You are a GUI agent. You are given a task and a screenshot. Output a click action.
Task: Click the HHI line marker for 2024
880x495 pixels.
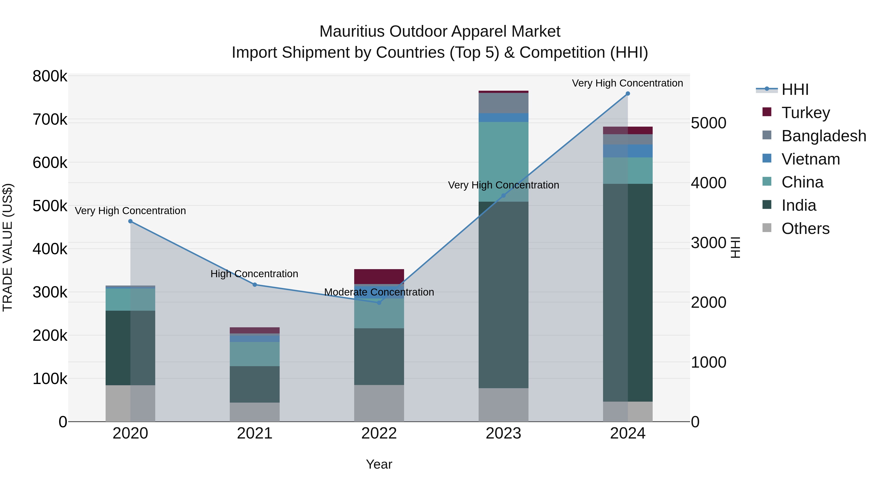pyautogui.click(x=627, y=94)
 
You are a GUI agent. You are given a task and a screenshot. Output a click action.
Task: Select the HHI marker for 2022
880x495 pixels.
pyautogui.click(x=379, y=303)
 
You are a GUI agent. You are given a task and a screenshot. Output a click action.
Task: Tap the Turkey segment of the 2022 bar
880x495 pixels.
pyautogui.click(x=379, y=276)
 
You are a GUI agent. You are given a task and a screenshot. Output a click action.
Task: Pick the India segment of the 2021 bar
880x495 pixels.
pyautogui.click(x=254, y=384)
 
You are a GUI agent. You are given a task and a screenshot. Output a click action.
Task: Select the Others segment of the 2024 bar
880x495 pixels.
pyautogui.click(x=627, y=411)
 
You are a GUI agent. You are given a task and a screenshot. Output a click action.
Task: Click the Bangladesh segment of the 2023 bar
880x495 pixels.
pyautogui.click(x=503, y=103)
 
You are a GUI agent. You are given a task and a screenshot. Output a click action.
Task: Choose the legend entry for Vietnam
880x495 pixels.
pyautogui.click(x=810, y=159)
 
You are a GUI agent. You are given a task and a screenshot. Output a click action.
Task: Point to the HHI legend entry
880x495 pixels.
pyautogui.click(x=795, y=89)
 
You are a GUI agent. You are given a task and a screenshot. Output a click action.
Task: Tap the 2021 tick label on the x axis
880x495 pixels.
pyautogui.click(x=254, y=433)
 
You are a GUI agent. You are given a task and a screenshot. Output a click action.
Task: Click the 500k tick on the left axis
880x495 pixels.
pyautogui.click(x=50, y=206)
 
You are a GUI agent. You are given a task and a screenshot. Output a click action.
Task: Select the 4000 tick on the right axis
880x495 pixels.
pyautogui.click(x=708, y=183)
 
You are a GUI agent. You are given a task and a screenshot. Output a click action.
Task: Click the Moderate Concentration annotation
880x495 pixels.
pyautogui.click(x=379, y=292)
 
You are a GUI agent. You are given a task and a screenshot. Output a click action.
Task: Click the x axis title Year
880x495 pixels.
pyautogui.click(x=379, y=464)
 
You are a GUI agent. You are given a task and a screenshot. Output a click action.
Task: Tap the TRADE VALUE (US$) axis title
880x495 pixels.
pyautogui.click(x=8, y=247)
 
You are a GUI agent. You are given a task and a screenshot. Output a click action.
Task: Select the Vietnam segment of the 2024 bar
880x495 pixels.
pyautogui.click(x=627, y=151)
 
